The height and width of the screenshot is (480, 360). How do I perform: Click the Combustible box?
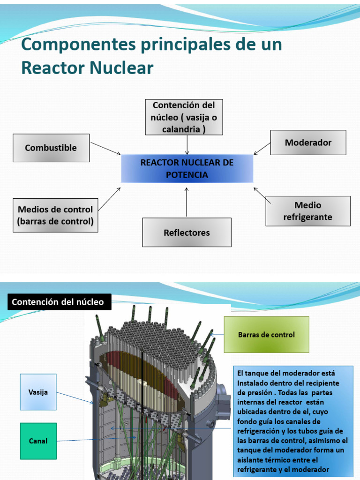click(x=51, y=148)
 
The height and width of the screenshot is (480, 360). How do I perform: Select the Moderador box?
click(x=308, y=142)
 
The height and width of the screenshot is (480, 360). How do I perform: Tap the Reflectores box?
click(x=187, y=232)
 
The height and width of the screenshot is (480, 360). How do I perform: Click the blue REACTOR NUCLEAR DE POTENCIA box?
click(x=187, y=169)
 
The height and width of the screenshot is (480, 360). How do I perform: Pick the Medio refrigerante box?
click(x=307, y=211)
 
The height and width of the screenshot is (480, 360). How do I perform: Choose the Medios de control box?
click(x=55, y=215)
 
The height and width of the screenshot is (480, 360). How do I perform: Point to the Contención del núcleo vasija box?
click(x=184, y=117)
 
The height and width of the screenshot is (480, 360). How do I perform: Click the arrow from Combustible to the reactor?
click(x=105, y=149)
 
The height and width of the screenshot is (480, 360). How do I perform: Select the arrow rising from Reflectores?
click(x=187, y=202)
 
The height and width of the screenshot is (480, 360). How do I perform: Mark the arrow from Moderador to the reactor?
click(x=262, y=149)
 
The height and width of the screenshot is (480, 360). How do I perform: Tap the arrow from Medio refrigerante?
click(x=262, y=195)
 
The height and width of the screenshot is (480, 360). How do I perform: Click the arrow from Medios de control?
click(x=109, y=199)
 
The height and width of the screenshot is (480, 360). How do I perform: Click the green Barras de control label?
click(x=266, y=335)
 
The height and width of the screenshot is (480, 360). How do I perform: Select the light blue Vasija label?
click(x=38, y=392)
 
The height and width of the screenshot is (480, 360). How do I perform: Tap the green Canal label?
click(x=38, y=441)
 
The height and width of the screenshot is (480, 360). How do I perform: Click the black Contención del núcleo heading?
click(x=58, y=302)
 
